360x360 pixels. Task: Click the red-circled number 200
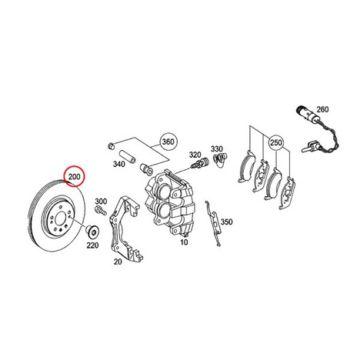tap(75, 176)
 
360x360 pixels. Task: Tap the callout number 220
tap(92, 245)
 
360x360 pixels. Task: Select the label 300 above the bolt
tap(101, 202)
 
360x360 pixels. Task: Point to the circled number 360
tap(168, 142)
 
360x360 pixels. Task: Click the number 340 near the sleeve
tap(119, 164)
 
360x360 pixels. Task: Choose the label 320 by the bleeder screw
tap(195, 155)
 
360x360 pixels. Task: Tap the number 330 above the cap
tap(217, 148)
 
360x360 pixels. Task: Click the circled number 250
tap(276, 142)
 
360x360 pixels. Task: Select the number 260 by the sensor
tap(322, 109)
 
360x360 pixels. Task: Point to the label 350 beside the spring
tap(227, 222)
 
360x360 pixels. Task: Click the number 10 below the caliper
tap(184, 242)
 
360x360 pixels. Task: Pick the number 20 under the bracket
tap(118, 262)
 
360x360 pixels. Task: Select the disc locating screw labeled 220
tap(92, 231)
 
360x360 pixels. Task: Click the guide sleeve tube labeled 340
tap(127, 157)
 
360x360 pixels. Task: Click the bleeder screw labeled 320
tap(199, 163)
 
